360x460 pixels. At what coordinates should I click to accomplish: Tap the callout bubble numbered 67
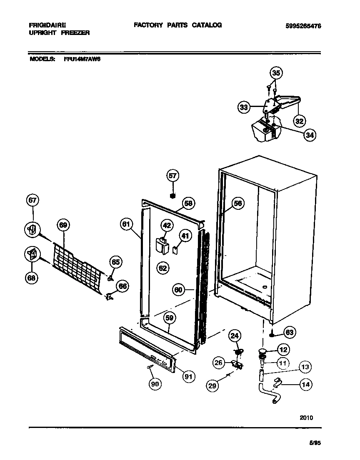tap(33, 201)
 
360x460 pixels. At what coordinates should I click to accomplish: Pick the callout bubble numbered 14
tap(305, 385)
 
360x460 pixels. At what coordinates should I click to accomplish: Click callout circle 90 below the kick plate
tap(155, 384)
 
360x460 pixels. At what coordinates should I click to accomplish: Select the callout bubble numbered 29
tap(212, 386)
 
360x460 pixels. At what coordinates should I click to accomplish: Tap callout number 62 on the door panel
tap(162, 268)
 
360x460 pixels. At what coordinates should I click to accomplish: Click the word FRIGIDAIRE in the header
tap(47, 25)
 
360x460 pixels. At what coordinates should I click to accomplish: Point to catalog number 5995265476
tap(303, 25)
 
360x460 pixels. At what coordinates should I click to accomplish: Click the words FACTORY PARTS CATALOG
tap(177, 25)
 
